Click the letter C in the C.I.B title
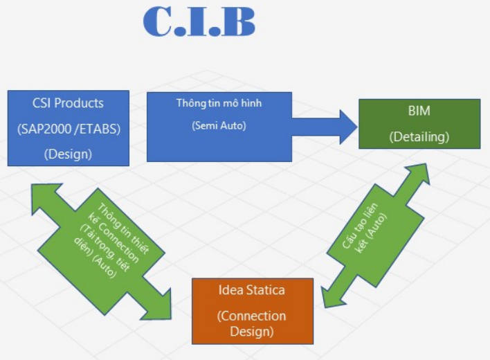click(157, 21)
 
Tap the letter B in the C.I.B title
click(239, 21)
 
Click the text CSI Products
click(68, 103)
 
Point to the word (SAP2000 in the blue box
click(44, 129)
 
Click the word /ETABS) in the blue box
click(98, 129)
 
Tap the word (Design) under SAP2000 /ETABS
click(68, 154)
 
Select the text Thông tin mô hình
click(219, 103)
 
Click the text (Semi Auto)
click(219, 125)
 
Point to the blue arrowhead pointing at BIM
click(347, 127)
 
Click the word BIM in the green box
click(419, 111)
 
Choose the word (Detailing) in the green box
click(419, 137)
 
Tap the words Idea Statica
click(251, 290)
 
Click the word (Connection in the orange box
click(251, 316)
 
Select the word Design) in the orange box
click(252, 331)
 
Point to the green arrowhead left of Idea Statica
click(158, 306)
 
